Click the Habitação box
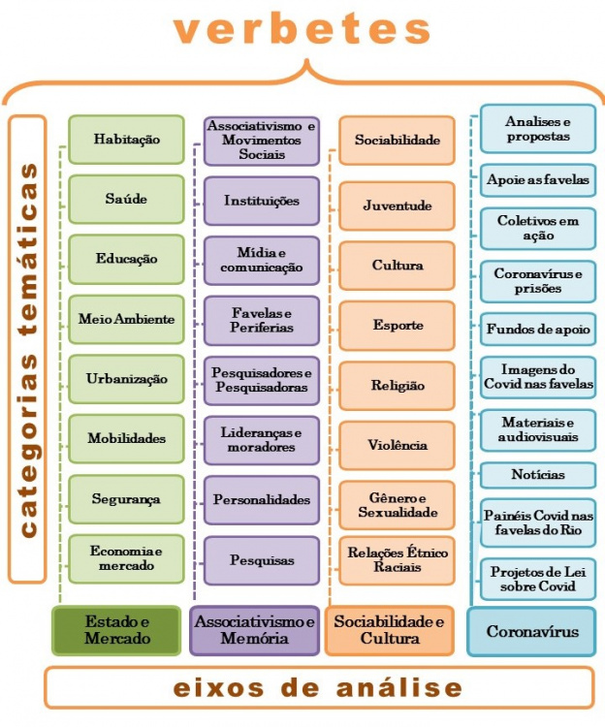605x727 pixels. tap(126, 140)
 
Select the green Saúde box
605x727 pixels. tap(126, 200)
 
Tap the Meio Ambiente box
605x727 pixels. tap(126, 319)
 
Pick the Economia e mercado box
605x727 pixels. tap(126, 559)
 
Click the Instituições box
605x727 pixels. tap(262, 201)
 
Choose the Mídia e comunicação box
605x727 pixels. tap(262, 260)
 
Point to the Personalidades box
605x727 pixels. tap(262, 500)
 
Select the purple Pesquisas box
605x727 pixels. tap(262, 560)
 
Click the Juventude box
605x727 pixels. tap(398, 205)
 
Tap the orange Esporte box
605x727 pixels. tap(398, 325)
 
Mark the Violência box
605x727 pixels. tap(398, 445)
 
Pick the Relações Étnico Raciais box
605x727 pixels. tap(398, 560)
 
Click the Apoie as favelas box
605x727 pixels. tap(538, 180)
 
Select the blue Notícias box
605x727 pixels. tap(538, 475)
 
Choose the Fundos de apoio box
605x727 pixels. tap(538, 330)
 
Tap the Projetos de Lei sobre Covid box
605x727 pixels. tap(538, 580)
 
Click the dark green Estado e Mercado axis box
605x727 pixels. tap(117, 631)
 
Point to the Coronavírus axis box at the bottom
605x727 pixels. tap(532, 632)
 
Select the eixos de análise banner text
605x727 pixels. tap(303, 688)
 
